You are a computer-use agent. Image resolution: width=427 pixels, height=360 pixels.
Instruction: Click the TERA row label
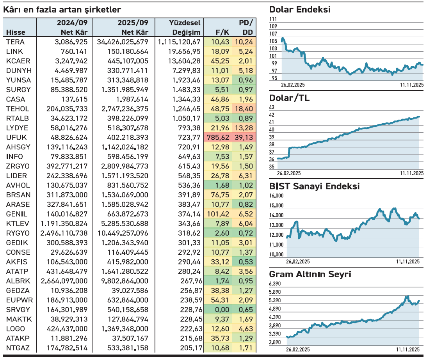pyautogui.click(x=15, y=42)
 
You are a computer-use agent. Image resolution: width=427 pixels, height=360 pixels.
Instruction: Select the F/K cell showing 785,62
pyautogui.click(x=218, y=137)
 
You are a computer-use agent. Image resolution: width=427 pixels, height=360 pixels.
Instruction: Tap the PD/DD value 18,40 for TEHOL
pyautogui.click(x=243, y=109)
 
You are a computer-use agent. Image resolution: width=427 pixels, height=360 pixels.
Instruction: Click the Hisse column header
pyautogui.click(x=16, y=32)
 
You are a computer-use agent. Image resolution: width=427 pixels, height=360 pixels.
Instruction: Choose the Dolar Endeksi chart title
pyautogui.click(x=300, y=10)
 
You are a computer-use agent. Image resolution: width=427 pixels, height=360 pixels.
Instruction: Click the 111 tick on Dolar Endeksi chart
pyautogui.click(x=273, y=19)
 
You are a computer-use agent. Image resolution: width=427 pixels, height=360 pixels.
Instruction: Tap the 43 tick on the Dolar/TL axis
pyautogui.click(x=272, y=107)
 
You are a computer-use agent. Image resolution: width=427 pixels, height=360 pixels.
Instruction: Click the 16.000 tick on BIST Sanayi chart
pyautogui.click(x=277, y=196)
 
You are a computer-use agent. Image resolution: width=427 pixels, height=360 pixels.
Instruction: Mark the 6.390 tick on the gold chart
pyautogui.click(x=275, y=284)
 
